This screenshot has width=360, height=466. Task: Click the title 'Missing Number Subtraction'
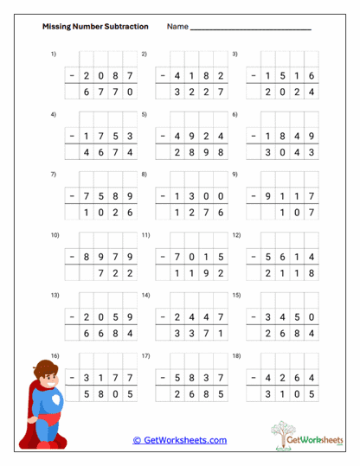click(95, 27)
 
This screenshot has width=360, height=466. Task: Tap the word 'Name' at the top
click(177, 27)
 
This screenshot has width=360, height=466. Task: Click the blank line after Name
click(250, 29)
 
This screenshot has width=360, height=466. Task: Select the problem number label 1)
click(54, 54)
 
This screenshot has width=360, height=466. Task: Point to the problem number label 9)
click(235, 175)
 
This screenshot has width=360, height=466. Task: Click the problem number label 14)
click(146, 295)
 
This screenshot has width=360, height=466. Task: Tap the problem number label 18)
click(236, 355)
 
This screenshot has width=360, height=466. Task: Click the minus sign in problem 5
click(162, 137)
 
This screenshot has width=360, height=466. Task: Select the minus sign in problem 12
click(253, 256)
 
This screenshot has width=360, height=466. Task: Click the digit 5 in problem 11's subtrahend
click(222, 256)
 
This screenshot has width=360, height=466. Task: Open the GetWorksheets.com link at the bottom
click(180, 440)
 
